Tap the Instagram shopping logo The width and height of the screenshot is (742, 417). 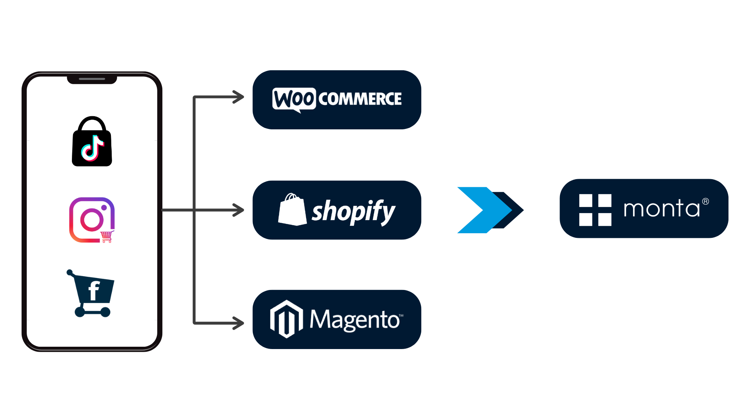[x=92, y=220]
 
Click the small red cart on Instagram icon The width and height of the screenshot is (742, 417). [x=107, y=236]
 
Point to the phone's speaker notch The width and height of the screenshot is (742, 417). [x=92, y=79]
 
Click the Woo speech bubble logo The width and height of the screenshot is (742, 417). [x=294, y=99]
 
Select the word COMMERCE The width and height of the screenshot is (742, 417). [x=360, y=99]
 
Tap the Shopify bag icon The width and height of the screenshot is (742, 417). [x=292, y=210]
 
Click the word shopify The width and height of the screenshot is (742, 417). [x=353, y=211]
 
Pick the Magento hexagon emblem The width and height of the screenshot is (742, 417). [x=286, y=319]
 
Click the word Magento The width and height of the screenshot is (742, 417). [x=354, y=320]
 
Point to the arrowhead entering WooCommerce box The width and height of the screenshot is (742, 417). [x=238, y=97]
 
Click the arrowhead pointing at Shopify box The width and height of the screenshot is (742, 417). [x=238, y=210]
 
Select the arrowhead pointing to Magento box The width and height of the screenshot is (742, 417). [x=238, y=323]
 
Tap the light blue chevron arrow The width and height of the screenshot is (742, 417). [x=483, y=210]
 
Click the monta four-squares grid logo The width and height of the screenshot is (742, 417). [x=595, y=210]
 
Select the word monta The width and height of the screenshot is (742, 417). [x=661, y=209]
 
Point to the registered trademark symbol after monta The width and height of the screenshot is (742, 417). [x=706, y=202]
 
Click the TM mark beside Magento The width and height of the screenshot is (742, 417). [x=401, y=315]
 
